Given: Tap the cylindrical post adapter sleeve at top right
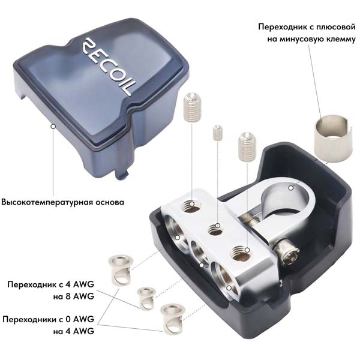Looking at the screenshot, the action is click(334, 140).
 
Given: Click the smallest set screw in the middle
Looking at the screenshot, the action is click(218, 133).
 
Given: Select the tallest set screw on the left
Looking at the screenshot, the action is click(193, 107).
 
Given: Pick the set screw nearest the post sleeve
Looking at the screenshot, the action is click(247, 146).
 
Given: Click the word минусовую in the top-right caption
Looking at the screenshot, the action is click(306, 39).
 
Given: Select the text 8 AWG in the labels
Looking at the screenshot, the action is click(83, 296).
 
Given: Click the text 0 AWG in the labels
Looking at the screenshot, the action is click(80, 319).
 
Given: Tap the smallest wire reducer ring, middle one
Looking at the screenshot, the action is click(146, 298).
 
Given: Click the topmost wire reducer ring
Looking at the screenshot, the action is click(121, 270).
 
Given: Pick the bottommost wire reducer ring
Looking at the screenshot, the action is click(173, 319).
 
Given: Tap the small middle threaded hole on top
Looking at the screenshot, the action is click(215, 229).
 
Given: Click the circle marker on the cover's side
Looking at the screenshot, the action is click(53, 126).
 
